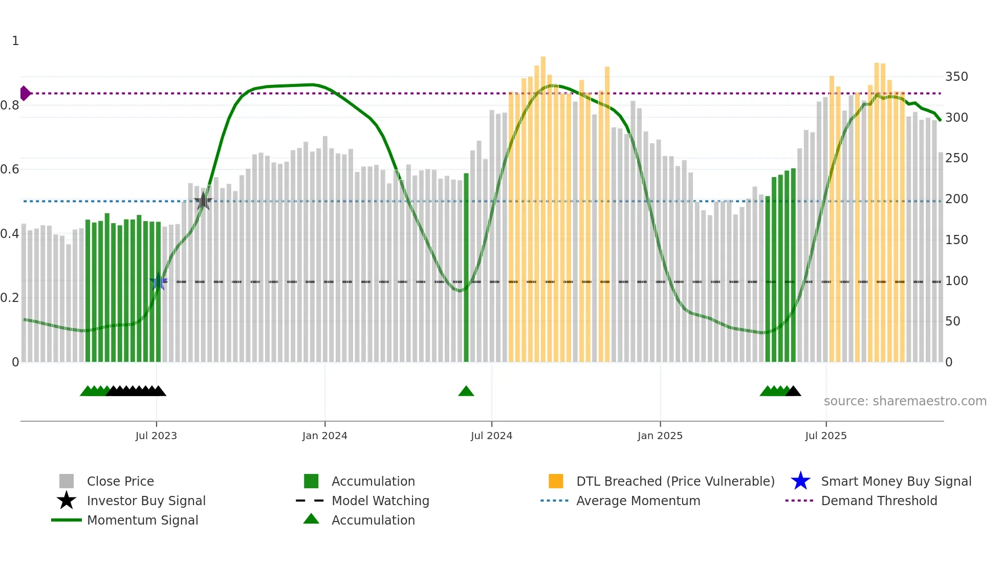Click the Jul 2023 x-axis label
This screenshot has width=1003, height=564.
156,436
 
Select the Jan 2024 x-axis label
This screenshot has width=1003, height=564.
324,436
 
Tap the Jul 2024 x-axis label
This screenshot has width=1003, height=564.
491,436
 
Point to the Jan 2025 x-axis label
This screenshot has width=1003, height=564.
660,436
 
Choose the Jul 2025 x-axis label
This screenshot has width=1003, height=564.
825,436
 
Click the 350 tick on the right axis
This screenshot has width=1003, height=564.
956,77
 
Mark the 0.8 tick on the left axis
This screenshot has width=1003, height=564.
10,105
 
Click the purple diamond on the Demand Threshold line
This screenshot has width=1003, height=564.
25,93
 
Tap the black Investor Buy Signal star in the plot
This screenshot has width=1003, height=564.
203,201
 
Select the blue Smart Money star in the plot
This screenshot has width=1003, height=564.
159,282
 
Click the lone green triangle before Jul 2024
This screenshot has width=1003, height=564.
466,392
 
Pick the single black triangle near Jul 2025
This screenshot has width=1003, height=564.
793,392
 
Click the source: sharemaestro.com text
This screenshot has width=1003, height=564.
905,401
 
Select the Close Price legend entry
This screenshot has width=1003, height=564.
120,481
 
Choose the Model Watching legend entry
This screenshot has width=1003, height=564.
380,501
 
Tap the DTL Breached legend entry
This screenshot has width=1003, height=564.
675,481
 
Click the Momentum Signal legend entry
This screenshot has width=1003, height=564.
142,520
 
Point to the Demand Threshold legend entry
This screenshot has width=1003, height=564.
879,501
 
